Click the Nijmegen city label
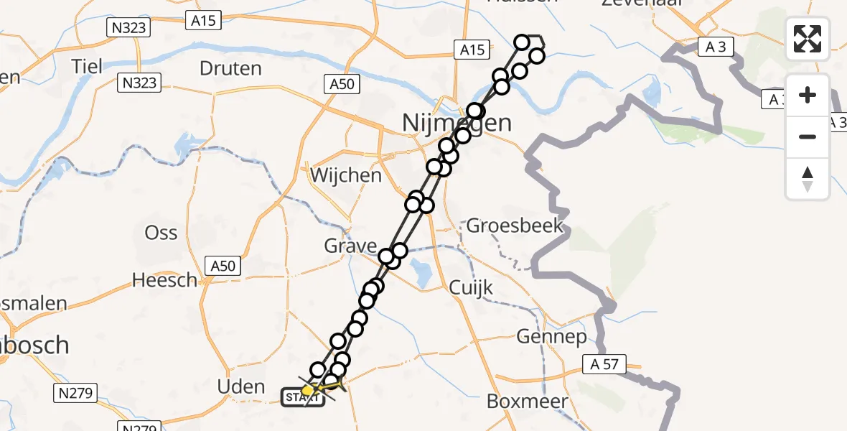457,123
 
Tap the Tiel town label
87,66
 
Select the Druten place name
230,69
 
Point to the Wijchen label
346,175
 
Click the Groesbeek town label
515,227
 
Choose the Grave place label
350,247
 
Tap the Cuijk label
470,288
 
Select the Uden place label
241,387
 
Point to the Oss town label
161,233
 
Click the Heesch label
164,280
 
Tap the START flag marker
302,397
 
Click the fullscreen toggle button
808,38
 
